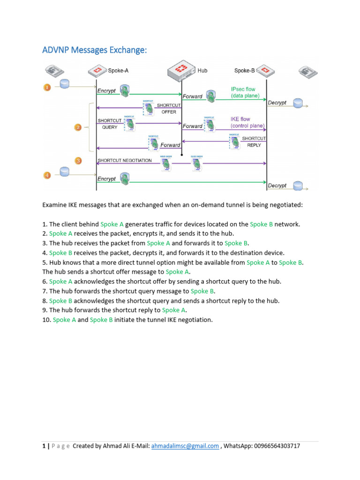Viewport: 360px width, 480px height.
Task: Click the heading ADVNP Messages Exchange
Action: click(95, 50)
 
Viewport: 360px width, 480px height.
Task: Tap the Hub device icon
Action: click(181, 71)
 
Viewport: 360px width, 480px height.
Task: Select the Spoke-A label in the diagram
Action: click(118, 71)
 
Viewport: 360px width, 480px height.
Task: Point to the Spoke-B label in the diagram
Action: click(244, 71)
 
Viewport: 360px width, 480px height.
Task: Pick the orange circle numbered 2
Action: click(78, 127)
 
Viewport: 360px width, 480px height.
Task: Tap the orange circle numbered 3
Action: click(78, 161)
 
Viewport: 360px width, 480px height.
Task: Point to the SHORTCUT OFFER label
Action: click(169, 109)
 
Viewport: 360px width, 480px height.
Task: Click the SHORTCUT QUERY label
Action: click(109, 124)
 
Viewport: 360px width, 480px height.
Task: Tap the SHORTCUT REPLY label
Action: click(254, 142)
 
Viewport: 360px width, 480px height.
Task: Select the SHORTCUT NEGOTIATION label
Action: click(125, 160)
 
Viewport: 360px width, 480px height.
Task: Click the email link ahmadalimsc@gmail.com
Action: click(185, 446)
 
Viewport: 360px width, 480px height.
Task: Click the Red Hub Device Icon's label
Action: click(202, 71)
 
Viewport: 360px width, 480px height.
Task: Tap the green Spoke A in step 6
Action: click(61, 282)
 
